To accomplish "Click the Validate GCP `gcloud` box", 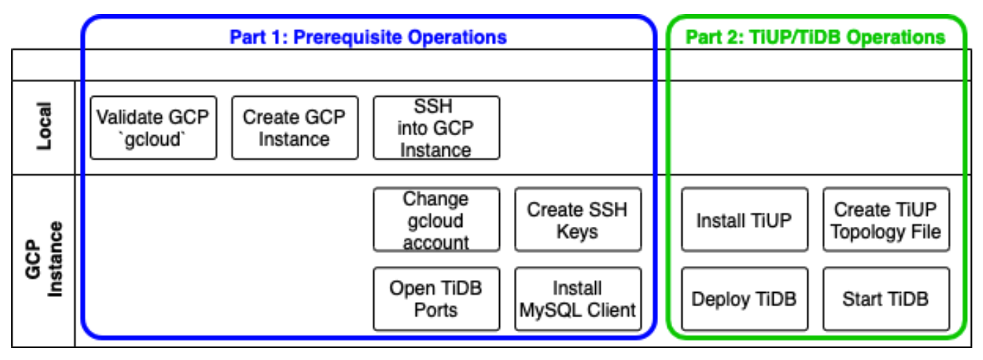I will (153, 127).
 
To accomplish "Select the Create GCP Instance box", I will (294, 127).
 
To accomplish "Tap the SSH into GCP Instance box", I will (436, 127).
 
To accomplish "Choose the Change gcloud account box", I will (436, 220).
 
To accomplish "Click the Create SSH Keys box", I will (578, 220).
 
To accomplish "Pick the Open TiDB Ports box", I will (436, 298).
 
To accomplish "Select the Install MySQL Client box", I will (578, 298).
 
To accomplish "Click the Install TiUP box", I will (744, 220).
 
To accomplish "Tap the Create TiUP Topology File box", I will (886, 220).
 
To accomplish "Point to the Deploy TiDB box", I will (744, 298).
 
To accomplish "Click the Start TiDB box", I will (886, 298).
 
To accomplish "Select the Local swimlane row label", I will (43, 127).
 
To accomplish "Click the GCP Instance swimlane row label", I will (43, 260).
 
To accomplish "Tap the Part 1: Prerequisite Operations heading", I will (368, 36).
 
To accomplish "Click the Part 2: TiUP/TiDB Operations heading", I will (816, 36).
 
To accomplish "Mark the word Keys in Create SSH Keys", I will (578, 231).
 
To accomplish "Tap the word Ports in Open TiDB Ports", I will (436, 309).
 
